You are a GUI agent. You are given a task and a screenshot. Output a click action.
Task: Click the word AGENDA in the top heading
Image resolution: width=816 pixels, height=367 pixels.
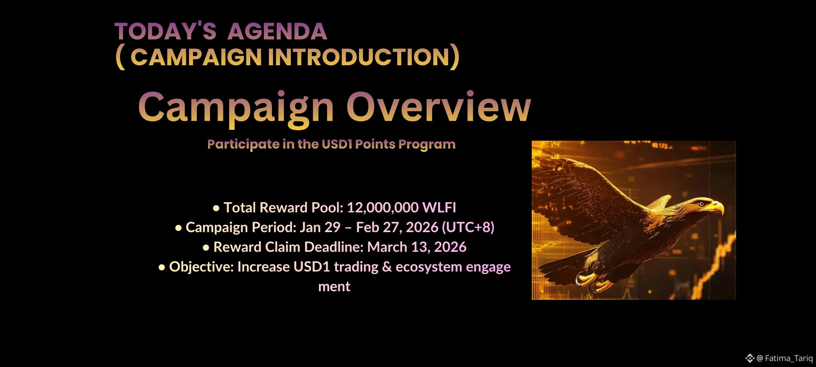(277, 31)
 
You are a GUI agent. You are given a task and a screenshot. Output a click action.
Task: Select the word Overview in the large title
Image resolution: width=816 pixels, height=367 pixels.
(439, 107)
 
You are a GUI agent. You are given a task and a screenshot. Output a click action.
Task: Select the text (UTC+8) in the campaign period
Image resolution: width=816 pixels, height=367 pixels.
(468, 227)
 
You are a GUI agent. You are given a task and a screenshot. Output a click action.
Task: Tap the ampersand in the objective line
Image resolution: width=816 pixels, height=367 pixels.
(387, 267)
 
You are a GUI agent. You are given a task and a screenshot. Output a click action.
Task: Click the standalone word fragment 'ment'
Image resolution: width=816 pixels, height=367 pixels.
(334, 287)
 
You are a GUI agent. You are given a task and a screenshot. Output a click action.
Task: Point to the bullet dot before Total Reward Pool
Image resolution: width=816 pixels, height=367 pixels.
(216, 208)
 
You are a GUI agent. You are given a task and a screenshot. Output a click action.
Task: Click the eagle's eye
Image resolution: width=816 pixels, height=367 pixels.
(701, 204)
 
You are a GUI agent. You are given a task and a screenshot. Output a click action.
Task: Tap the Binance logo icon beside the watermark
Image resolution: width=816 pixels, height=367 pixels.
(750, 358)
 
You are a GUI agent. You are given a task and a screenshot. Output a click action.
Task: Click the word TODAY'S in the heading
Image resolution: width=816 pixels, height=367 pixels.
(165, 31)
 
